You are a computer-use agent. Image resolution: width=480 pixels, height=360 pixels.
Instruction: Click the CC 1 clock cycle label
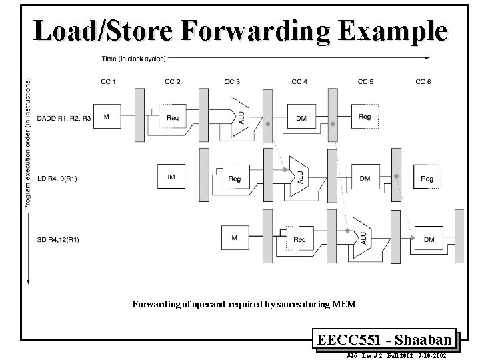pyautogui.click(x=107, y=82)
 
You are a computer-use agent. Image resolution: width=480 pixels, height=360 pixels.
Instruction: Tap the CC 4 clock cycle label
pyautogui.click(x=299, y=82)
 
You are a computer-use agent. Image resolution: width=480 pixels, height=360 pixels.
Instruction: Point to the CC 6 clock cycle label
pyautogui.click(x=423, y=82)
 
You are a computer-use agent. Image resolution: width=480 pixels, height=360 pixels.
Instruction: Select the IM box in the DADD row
pyautogui.click(x=107, y=117)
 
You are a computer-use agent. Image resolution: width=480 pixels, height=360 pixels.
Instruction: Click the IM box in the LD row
pyautogui.click(x=171, y=177)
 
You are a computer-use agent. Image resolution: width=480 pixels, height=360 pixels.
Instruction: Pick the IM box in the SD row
pyautogui.click(x=233, y=238)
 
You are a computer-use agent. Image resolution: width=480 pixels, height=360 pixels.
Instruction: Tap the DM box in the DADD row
pyautogui.click(x=301, y=117)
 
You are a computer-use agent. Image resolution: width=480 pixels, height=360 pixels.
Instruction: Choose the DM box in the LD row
pyautogui.click(x=365, y=178)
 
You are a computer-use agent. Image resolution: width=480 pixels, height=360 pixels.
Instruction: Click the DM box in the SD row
pyautogui.click(x=429, y=239)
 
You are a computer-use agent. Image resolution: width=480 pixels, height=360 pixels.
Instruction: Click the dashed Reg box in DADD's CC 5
pyautogui.click(x=365, y=117)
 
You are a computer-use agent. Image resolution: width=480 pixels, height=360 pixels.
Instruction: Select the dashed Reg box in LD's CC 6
pyautogui.click(x=427, y=178)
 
